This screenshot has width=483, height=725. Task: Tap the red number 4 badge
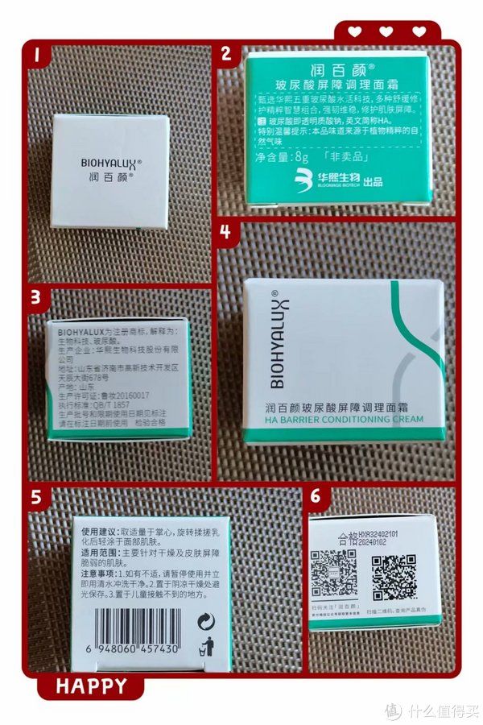point(225,231)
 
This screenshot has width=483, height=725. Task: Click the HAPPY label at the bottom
point(91,686)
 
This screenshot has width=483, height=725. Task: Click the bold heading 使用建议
point(99,532)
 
